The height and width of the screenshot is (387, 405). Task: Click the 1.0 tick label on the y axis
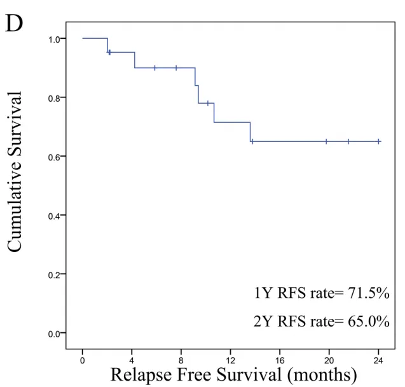[55, 39]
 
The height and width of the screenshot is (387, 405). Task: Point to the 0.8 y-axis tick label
[55, 97]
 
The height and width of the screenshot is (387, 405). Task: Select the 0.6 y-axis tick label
[55, 157]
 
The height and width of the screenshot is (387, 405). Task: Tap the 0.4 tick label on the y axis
[55, 216]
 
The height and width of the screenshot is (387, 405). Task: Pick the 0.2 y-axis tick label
[55, 274]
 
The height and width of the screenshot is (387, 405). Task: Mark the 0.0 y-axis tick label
[55, 334]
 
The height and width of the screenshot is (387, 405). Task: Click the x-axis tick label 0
[83, 360]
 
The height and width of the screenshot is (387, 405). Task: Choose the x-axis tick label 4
[132, 360]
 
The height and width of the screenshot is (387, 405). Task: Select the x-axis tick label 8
[181, 360]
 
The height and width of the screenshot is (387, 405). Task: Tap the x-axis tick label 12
[231, 360]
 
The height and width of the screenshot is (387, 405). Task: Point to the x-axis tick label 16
[280, 360]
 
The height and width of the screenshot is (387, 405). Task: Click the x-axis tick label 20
[329, 360]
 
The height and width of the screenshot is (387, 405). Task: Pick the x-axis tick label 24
[379, 360]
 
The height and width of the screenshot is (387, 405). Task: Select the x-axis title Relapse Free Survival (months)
[233, 374]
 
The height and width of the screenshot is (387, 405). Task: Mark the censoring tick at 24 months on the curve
[379, 141]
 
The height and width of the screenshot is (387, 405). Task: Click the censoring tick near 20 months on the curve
[326, 141]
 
